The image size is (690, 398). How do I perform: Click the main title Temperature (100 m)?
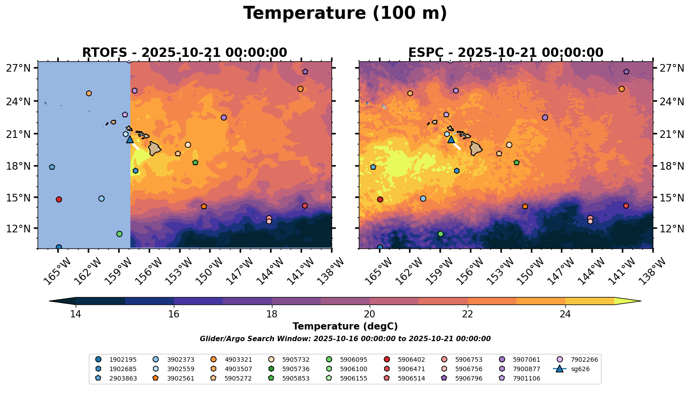tap(345, 13)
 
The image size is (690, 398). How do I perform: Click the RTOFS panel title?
tap(184, 53)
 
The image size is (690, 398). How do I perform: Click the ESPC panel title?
tap(505, 53)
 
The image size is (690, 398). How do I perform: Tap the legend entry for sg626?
tap(574, 369)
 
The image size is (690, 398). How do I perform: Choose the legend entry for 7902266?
tap(578, 359)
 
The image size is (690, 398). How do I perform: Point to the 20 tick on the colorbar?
tap(370, 314)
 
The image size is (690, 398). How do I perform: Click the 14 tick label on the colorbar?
tap(75, 314)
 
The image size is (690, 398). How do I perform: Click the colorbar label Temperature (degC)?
tap(345, 327)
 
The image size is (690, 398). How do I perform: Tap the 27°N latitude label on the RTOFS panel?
tap(18, 68)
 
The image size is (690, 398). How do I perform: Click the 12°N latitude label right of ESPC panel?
tap(672, 229)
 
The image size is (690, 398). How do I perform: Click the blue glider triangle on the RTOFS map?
tap(130, 140)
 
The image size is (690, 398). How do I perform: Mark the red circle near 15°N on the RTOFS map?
tap(59, 199)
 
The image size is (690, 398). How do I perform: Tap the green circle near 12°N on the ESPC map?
tap(440, 234)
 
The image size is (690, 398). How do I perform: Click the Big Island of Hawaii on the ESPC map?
tap(476, 148)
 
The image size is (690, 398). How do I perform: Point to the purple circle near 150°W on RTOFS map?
tap(224, 117)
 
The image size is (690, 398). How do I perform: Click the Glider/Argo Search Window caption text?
tap(345, 339)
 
